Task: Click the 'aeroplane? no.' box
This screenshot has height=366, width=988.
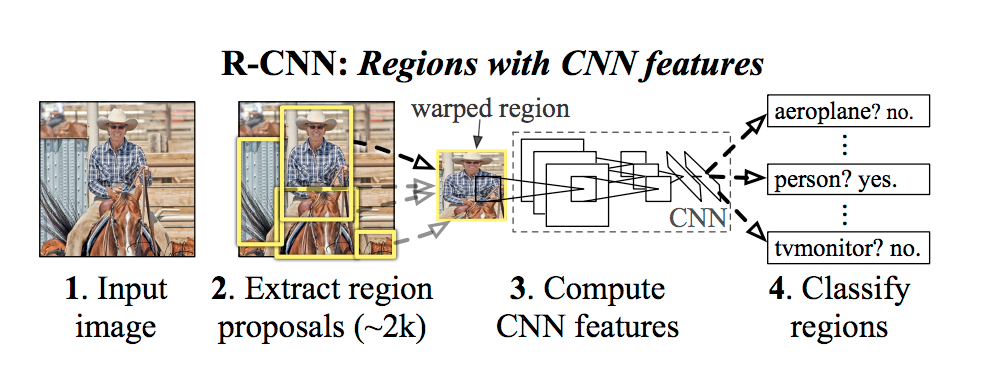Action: pyautogui.click(x=848, y=113)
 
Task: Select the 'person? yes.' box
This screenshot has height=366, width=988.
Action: pyautogui.click(x=848, y=180)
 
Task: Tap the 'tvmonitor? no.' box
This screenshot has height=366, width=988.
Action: pyautogui.click(x=848, y=247)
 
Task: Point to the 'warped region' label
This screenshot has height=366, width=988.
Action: pyautogui.click(x=490, y=108)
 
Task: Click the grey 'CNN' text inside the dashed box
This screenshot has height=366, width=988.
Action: pyautogui.click(x=697, y=218)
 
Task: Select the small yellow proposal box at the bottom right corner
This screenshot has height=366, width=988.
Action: pyautogui.click(x=375, y=244)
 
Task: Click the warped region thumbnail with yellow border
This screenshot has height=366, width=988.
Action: pyautogui.click(x=471, y=185)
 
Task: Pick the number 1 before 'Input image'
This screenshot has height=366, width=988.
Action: pyautogui.click(x=71, y=289)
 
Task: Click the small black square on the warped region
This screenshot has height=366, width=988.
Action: pyautogui.click(x=488, y=188)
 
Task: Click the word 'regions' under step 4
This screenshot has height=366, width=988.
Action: pyautogui.click(x=839, y=328)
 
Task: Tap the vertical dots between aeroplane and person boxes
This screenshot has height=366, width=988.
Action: pyautogui.click(x=846, y=147)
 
